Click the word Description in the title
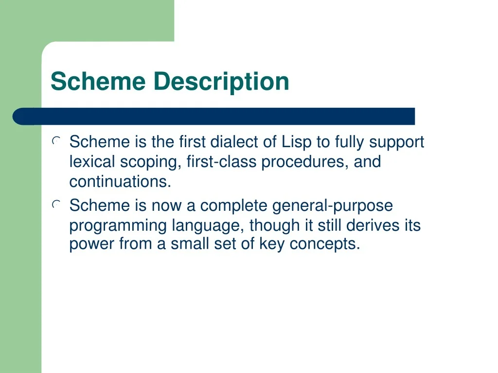[x=221, y=82]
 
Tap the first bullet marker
[x=56, y=142]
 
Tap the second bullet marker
[x=56, y=205]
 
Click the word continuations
[x=120, y=182]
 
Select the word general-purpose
[x=332, y=206]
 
